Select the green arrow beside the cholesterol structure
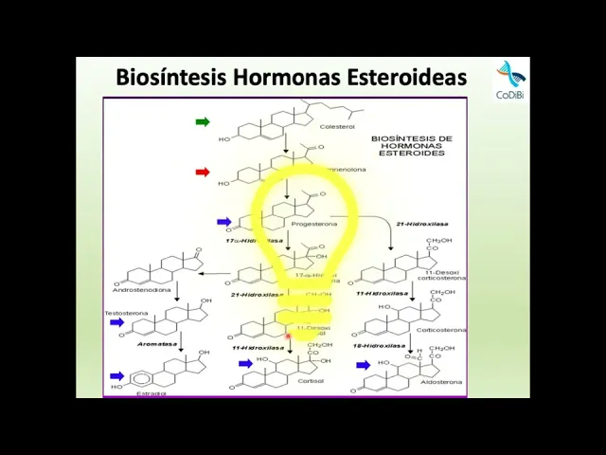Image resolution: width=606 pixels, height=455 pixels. point(203,121)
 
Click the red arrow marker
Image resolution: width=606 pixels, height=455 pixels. point(203,173)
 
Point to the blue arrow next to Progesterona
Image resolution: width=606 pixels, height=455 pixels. point(224,222)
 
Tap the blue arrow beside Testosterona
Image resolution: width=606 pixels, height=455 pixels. point(116,322)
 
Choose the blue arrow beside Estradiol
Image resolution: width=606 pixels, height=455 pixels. point(116,376)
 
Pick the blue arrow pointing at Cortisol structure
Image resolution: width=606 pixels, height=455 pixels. point(245,363)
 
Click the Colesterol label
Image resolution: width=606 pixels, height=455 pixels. point(336,126)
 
